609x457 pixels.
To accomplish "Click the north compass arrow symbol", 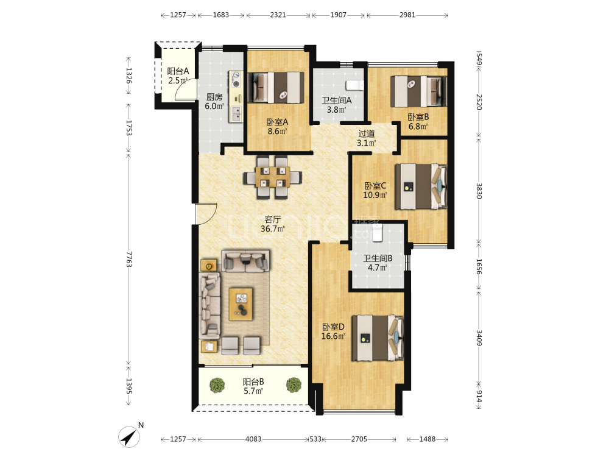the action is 129,437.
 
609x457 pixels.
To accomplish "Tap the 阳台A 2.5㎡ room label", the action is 177,76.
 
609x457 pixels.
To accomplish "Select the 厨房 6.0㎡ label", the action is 214,101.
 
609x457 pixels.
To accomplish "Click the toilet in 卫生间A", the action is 354,85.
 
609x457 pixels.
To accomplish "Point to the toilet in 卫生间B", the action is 377,232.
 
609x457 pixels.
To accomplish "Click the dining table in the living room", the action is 273,177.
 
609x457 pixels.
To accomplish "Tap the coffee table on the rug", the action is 241,304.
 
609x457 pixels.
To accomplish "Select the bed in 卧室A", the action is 276,87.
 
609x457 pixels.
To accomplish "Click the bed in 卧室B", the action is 418,91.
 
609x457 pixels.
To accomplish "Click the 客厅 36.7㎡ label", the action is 272,224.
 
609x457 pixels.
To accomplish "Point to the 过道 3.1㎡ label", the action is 366,138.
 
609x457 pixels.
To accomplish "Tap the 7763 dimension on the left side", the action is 128,259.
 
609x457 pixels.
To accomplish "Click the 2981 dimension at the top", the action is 407,15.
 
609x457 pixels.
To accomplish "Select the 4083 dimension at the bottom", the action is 253,439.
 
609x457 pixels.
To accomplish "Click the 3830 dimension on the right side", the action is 479,191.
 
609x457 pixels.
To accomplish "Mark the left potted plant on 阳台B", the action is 217,385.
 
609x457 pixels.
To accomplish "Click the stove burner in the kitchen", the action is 236,83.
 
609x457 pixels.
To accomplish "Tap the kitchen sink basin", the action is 236,113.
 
